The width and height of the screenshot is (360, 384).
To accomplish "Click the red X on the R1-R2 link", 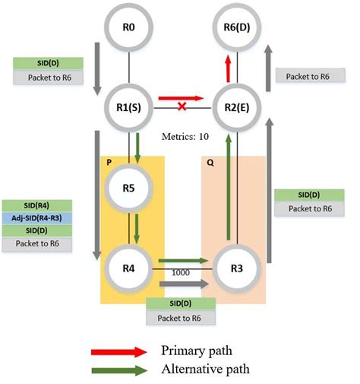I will tap(182, 106).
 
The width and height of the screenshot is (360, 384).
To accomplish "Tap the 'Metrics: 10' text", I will tap(185, 137).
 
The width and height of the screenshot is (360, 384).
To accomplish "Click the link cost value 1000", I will tap(179, 271).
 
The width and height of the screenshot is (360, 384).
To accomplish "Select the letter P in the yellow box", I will tap(109, 162).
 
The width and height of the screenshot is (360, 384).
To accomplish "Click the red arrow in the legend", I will tap(119, 351).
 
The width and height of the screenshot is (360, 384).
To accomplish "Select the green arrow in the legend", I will tap(119, 370).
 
